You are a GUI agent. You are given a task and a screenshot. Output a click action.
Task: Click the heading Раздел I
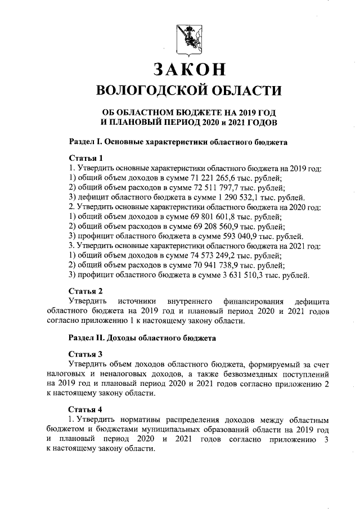86,142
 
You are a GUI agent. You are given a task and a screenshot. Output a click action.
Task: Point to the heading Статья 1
86,158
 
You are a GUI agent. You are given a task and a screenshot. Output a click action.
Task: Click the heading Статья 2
86,291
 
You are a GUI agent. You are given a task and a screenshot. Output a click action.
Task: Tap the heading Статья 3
86,354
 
